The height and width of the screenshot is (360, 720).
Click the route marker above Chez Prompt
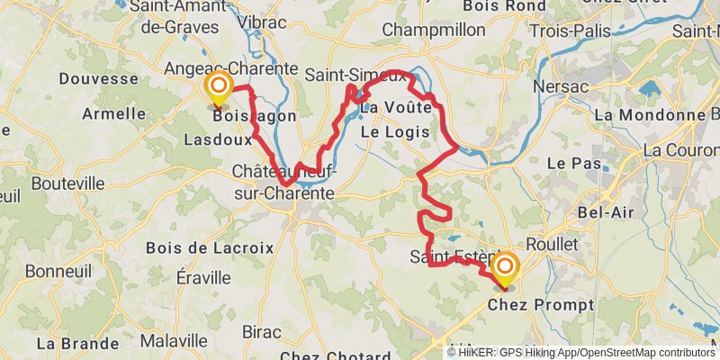click(506, 267)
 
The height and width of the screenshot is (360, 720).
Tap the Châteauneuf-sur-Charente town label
click(283, 182)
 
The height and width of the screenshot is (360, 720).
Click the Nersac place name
click(561, 86)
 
